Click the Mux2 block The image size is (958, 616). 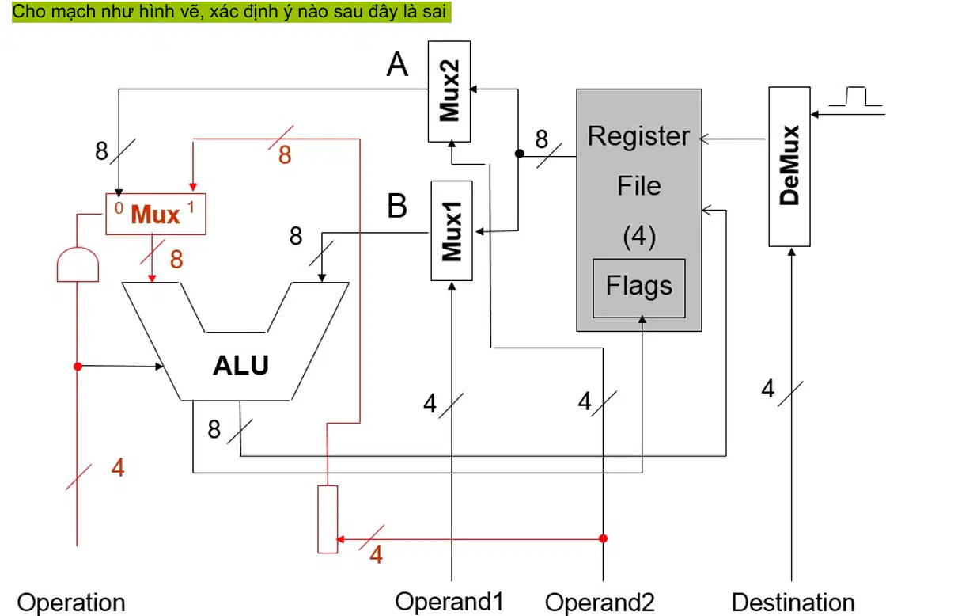(x=449, y=91)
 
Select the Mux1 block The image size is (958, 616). (x=452, y=230)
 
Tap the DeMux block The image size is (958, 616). (x=789, y=166)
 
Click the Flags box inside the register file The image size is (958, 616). (x=639, y=288)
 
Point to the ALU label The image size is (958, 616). (x=240, y=366)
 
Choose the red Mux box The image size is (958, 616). (x=156, y=214)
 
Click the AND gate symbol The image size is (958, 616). (x=78, y=264)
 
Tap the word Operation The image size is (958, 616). (x=71, y=603)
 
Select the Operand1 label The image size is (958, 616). (x=449, y=602)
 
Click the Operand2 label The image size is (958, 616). (x=600, y=603)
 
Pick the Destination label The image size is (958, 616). (x=793, y=603)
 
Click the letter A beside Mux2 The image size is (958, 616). (x=397, y=65)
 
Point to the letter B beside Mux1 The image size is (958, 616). (x=397, y=206)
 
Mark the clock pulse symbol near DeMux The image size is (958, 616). (x=855, y=97)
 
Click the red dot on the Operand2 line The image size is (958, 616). (x=603, y=538)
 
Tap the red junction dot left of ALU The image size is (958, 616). (x=78, y=367)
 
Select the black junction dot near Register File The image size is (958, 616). (x=519, y=154)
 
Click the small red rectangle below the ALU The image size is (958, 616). (x=328, y=519)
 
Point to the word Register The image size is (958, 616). (x=638, y=136)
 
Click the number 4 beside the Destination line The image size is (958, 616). (x=768, y=389)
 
